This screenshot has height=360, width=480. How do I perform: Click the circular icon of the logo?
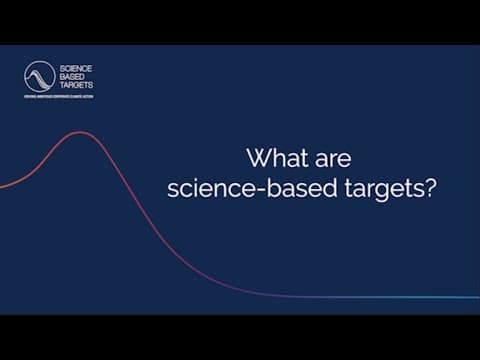point(39,76)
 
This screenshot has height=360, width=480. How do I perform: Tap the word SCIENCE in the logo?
point(75,68)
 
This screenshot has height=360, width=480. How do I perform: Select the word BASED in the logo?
point(71,77)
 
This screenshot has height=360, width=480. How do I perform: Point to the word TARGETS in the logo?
point(76,86)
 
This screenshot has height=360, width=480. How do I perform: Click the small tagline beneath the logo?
point(59,97)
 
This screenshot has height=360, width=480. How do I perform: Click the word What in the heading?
point(271,158)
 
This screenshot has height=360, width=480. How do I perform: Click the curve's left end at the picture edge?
point(3,186)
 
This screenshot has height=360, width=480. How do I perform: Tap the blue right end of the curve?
point(474,297)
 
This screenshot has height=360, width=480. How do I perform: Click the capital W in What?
point(257,158)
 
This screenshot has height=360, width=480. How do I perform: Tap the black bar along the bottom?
point(240,337)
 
